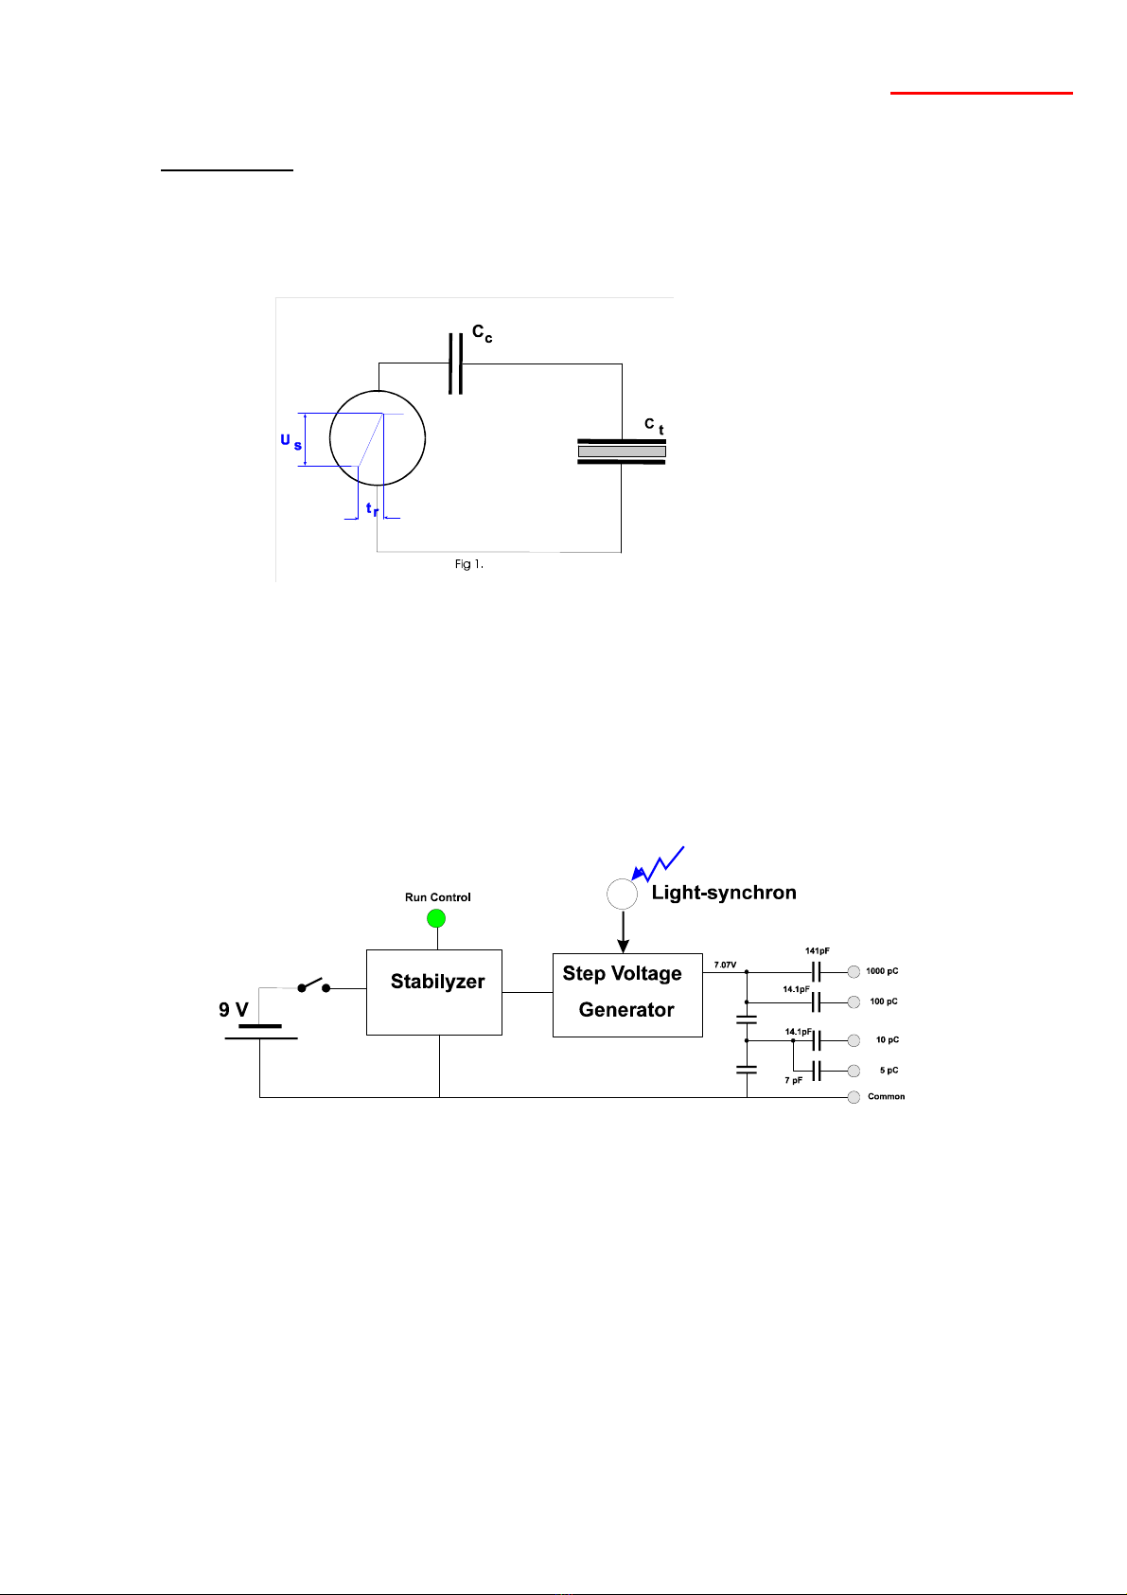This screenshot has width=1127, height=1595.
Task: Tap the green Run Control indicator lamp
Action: click(436, 918)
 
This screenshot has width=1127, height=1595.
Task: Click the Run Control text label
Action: click(438, 897)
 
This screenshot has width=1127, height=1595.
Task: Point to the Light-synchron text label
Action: click(724, 893)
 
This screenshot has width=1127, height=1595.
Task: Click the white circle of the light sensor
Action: click(623, 894)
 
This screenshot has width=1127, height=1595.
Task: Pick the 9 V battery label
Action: click(234, 1010)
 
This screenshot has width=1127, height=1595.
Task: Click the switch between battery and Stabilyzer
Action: click(314, 985)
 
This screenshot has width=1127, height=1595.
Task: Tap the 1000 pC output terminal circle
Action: click(854, 972)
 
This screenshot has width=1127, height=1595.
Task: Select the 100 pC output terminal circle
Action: click(854, 1002)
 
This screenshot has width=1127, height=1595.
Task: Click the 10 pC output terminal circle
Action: click(854, 1040)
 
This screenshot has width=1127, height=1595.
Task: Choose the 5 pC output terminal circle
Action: click(854, 1071)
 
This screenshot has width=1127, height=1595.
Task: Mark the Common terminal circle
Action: click(854, 1097)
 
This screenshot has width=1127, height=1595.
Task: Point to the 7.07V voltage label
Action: click(725, 965)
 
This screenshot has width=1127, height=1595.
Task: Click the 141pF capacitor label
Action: click(818, 950)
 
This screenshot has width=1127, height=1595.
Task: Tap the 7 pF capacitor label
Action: click(794, 1080)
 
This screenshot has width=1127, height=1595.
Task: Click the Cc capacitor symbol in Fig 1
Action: click(456, 363)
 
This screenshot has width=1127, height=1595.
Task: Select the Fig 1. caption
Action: click(469, 564)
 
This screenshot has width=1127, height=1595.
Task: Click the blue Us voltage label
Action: click(291, 441)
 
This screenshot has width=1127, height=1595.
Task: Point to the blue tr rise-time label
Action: click(372, 509)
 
